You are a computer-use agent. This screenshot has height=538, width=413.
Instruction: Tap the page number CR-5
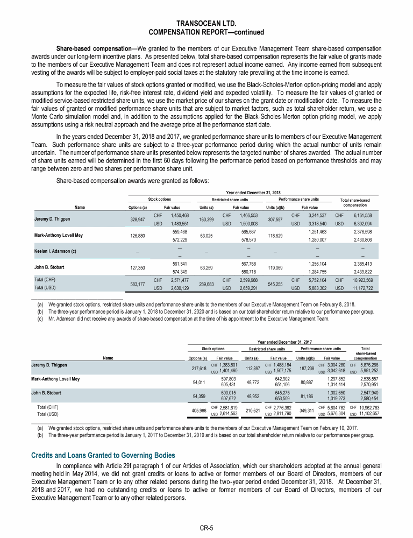tap(206, 528)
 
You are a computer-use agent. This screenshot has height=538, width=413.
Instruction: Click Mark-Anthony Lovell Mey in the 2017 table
tap(64, 379)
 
